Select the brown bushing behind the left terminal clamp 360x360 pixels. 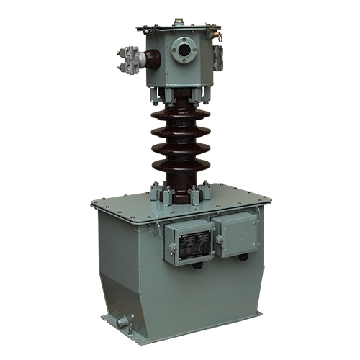coord(141,59)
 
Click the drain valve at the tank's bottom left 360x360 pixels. coord(122,322)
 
